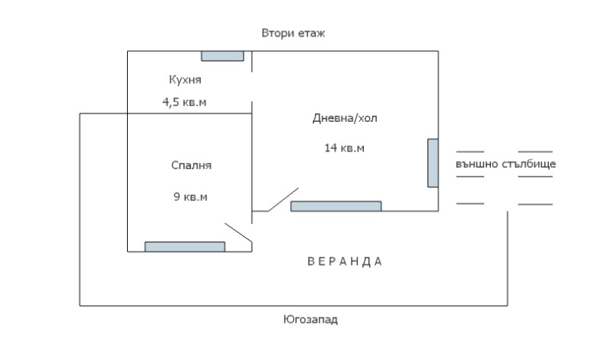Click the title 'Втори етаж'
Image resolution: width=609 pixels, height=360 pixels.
pyautogui.click(x=293, y=34)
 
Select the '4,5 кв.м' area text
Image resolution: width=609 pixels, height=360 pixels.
pyautogui.click(x=184, y=102)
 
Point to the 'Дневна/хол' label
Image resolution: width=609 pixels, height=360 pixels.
pyautogui.click(x=345, y=119)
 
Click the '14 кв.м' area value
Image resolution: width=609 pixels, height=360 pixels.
pyautogui.click(x=344, y=148)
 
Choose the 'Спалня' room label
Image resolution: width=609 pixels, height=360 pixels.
pyautogui.click(x=191, y=165)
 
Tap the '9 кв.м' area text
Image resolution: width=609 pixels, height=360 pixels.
pyautogui.click(x=190, y=197)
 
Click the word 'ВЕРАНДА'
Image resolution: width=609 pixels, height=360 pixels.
pyautogui.click(x=345, y=261)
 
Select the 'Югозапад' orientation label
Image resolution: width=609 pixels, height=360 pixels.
pyautogui.click(x=310, y=320)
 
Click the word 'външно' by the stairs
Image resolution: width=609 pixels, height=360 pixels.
pyautogui.click(x=477, y=164)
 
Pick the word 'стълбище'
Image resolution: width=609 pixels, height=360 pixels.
pyautogui.click(x=529, y=164)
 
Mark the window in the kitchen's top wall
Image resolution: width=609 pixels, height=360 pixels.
pyautogui.click(x=222, y=56)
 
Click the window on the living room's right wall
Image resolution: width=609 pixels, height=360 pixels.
pyautogui.click(x=432, y=163)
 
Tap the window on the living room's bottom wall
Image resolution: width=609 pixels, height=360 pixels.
pyautogui.click(x=336, y=205)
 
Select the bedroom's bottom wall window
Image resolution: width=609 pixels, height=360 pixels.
pyautogui.click(x=185, y=246)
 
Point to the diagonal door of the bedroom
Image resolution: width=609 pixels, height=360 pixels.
pyautogui.click(x=238, y=234)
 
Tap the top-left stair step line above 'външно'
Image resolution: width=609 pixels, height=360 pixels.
pyautogui.click(x=470, y=152)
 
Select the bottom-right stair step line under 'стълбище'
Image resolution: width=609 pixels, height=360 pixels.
pyautogui.click(x=534, y=204)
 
